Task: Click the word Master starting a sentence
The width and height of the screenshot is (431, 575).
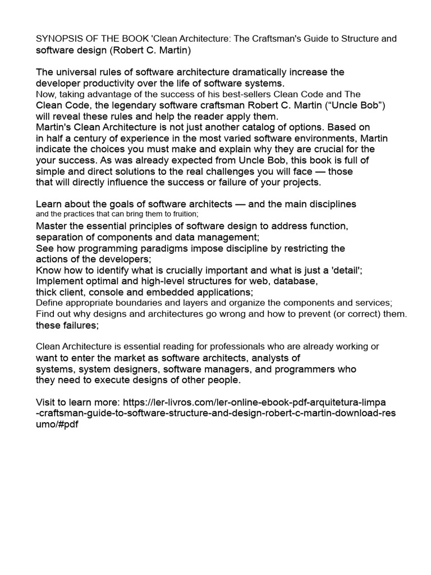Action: [52, 226]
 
